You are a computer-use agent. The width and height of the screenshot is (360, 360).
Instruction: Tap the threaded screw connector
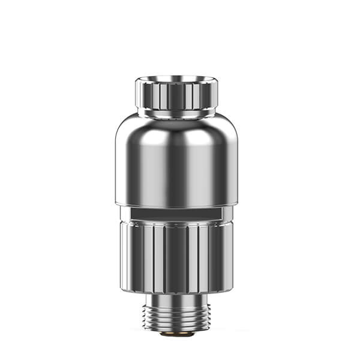tap(178, 314)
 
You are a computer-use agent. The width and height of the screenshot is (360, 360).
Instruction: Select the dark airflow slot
tap(178, 214)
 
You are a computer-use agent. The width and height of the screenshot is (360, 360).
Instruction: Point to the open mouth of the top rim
tap(178, 79)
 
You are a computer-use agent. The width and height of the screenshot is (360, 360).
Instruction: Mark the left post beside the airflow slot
tap(125, 214)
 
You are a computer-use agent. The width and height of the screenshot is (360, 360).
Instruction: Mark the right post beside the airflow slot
tap(231, 214)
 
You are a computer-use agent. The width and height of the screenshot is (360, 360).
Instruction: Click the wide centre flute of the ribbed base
tap(178, 258)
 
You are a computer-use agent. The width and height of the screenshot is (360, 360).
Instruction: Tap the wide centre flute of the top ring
tap(178, 96)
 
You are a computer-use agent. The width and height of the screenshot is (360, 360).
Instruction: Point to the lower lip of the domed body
tap(178, 203)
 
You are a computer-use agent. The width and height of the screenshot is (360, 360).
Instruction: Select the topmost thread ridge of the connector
tap(178, 305)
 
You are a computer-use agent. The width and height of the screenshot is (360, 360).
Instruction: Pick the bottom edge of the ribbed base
tap(178, 291)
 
